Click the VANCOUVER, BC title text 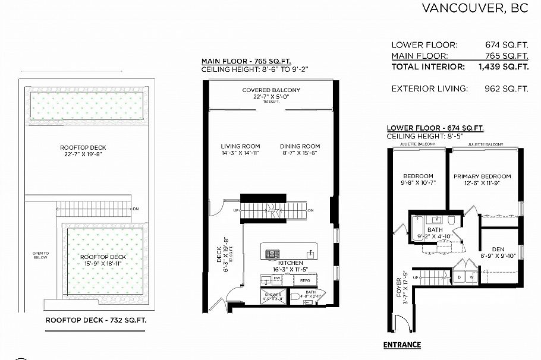coord(475,8)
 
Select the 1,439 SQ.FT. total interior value coord(503,67)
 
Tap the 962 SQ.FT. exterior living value coord(507,89)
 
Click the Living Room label coord(241,146)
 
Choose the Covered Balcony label coord(271,90)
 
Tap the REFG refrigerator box coord(305,280)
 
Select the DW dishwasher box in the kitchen coord(276,278)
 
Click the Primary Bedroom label coord(482,176)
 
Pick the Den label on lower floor coord(498,250)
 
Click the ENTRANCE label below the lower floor coord(402,345)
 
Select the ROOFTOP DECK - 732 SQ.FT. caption coord(96,320)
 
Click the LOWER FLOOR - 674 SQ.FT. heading coord(435,128)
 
